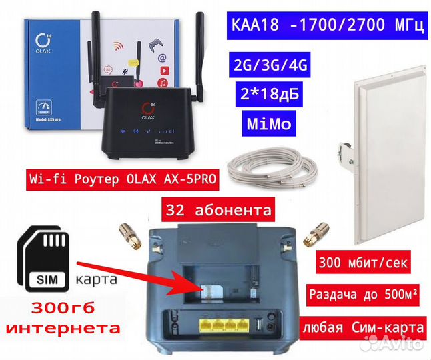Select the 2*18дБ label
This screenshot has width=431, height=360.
click(268, 95)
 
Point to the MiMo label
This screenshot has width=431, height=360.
click(267, 125)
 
